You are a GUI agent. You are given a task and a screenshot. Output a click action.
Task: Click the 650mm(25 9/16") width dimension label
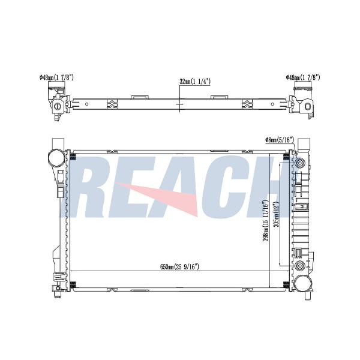[179, 267]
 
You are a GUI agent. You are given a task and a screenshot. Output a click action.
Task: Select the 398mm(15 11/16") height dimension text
[265, 221]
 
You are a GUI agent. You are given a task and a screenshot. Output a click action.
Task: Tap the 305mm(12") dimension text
[276, 214]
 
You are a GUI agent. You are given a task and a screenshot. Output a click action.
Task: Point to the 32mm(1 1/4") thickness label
[195, 81]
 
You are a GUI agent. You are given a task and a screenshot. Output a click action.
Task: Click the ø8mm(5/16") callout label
[280, 139]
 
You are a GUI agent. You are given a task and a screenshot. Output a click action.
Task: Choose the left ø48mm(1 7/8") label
[56, 77]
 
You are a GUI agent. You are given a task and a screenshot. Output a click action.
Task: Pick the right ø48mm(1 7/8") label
[303, 77]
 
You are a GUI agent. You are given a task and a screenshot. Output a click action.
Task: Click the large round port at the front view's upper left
[56, 157]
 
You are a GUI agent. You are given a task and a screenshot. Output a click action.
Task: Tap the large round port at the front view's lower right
[303, 284]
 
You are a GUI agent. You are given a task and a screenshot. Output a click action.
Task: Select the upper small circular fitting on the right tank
[301, 163]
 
